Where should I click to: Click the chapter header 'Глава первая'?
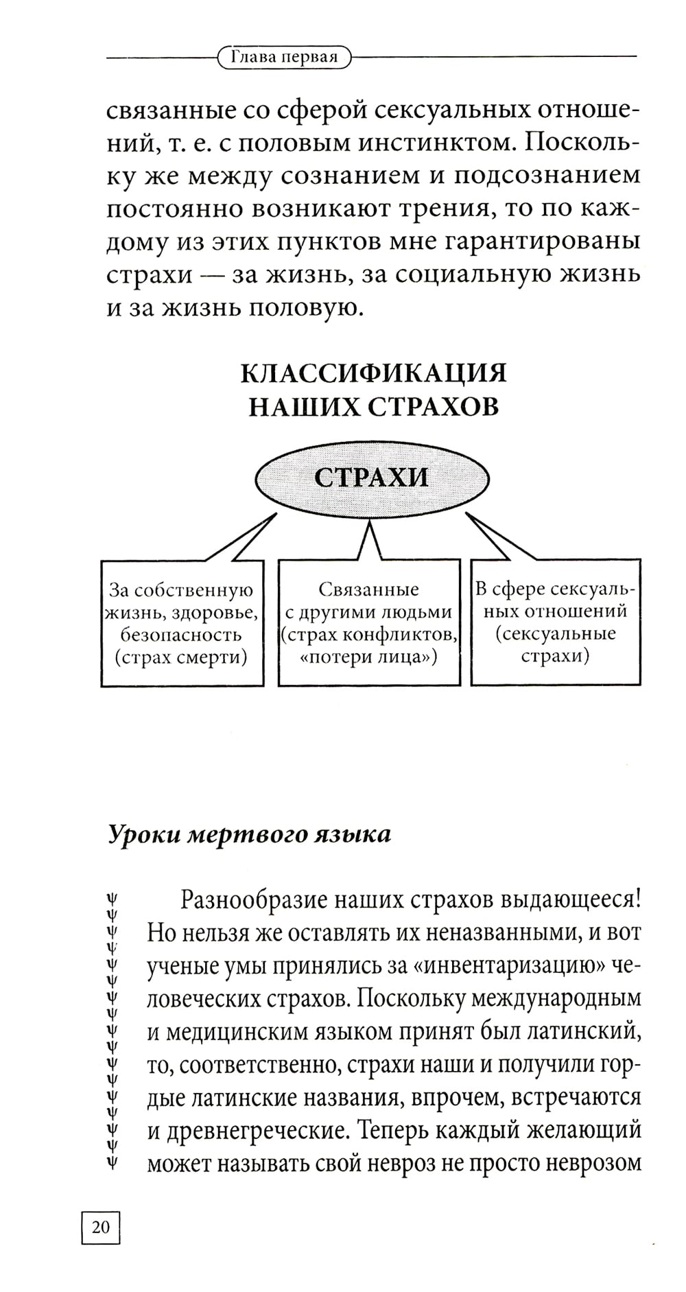pyautogui.click(x=284, y=57)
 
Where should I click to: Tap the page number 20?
pyautogui.click(x=100, y=1227)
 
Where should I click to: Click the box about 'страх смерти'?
pyautogui.click(x=182, y=623)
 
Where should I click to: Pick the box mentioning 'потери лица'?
pyautogui.click(x=368, y=623)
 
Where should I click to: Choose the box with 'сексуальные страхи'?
pyautogui.click(x=555, y=623)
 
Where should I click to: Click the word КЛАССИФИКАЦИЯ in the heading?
pyautogui.click(x=373, y=374)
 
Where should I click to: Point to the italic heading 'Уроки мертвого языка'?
pyautogui.click(x=249, y=834)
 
